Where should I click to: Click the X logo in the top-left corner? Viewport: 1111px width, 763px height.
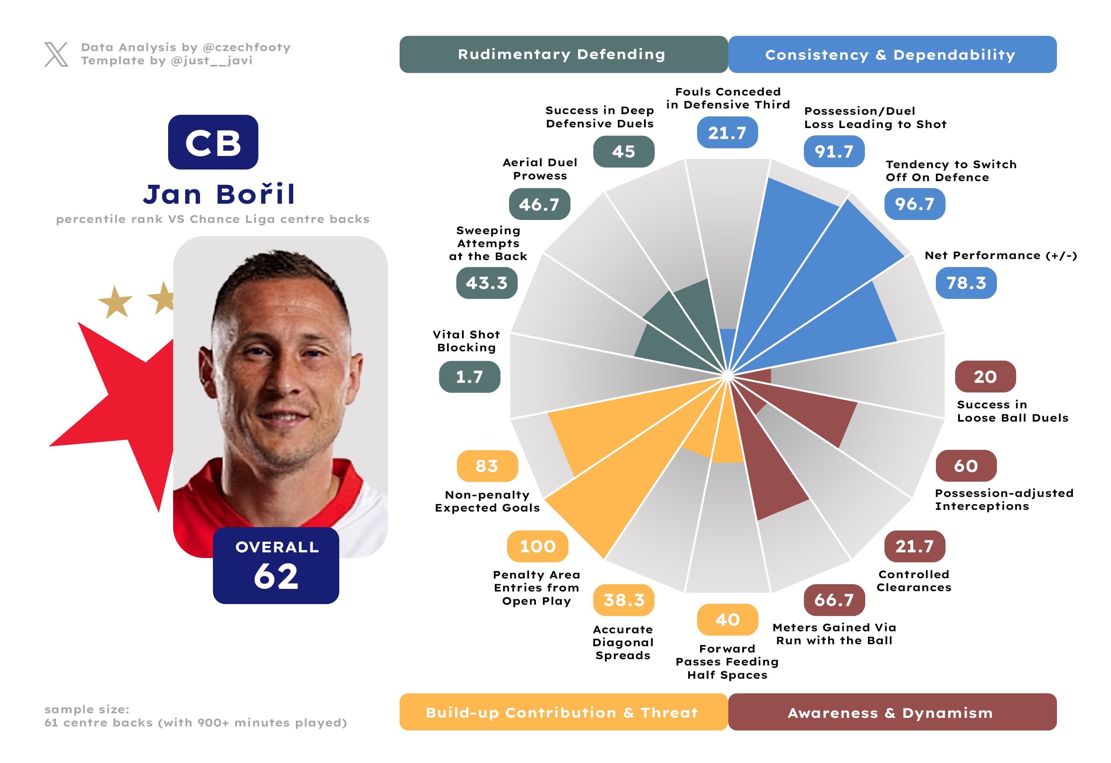[x=56, y=54]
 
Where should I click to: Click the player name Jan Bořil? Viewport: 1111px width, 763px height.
[x=219, y=194]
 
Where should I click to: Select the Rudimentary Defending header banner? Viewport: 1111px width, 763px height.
[x=563, y=54]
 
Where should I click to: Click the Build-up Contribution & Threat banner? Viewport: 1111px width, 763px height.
[x=563, y=712]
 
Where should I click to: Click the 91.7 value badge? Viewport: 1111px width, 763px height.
[x=834, y=152]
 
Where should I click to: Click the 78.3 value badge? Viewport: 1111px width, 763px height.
[x=966, y=283]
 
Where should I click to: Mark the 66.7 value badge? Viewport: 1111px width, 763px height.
[x=834, y=600]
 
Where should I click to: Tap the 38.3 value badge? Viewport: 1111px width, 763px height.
[x=623, y=600]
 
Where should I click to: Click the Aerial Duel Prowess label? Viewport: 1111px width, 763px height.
[x=540, y=169]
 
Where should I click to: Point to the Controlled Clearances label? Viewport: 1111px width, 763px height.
[x=914, y=581]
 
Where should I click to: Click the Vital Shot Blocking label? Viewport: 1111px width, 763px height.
[x=467, y=341]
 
